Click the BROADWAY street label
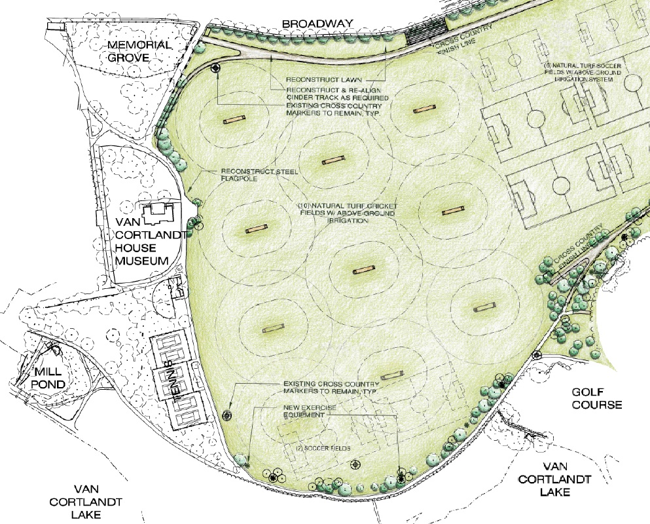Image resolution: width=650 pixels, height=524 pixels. pyautogui.click(x=317, y=24)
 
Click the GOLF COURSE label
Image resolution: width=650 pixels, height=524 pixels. pyautogui.click(x=596, y=398)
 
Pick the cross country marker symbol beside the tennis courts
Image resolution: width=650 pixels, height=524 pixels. pyautogui.click(x=228, y=415)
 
